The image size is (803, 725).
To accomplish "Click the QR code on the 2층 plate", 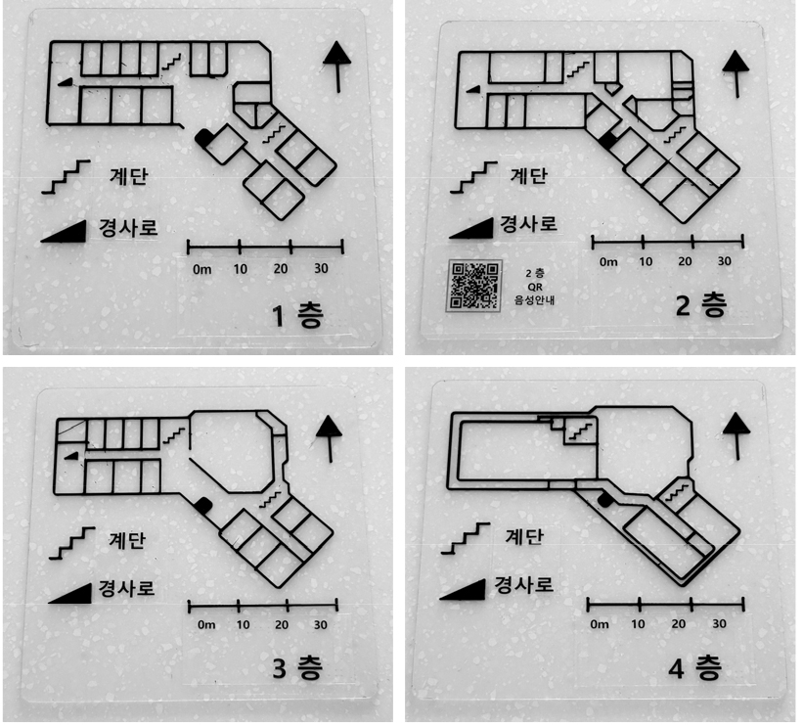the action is tap(474, 286).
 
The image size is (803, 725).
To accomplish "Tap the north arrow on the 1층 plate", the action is tap(337, 67).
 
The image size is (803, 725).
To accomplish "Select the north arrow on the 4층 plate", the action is tap(736, 435).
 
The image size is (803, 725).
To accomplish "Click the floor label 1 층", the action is tap(298, 315).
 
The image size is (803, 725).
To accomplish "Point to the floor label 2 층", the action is tap(701, 306).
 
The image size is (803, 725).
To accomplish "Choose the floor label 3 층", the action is tap(297, 667).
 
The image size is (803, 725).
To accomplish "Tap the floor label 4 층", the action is tap(695, 667).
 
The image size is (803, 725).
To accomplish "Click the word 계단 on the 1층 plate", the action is tap(128, 176).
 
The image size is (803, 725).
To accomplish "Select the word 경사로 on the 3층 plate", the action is tap(126, 588).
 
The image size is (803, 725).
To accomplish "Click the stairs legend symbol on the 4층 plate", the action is tap(465, 538).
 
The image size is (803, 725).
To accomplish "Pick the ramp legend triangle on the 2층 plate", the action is tap(471, 229).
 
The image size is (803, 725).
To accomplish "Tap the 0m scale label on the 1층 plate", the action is tap(201, 269).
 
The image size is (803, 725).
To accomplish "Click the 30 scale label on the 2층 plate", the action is tap(724, 261).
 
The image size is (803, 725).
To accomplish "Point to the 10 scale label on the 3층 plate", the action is tap(243, 624).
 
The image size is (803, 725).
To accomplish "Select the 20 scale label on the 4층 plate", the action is tap(678, 623).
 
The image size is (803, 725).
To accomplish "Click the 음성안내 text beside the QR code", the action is tap(534, 300).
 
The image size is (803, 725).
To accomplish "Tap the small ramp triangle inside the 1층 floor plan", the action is tap(65, 81).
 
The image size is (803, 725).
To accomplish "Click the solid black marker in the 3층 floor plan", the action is tap(203, 505).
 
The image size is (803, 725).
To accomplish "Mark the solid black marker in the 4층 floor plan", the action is tap(604, 500).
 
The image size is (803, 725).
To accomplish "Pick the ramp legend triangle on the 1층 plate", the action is tap(64, 232).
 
